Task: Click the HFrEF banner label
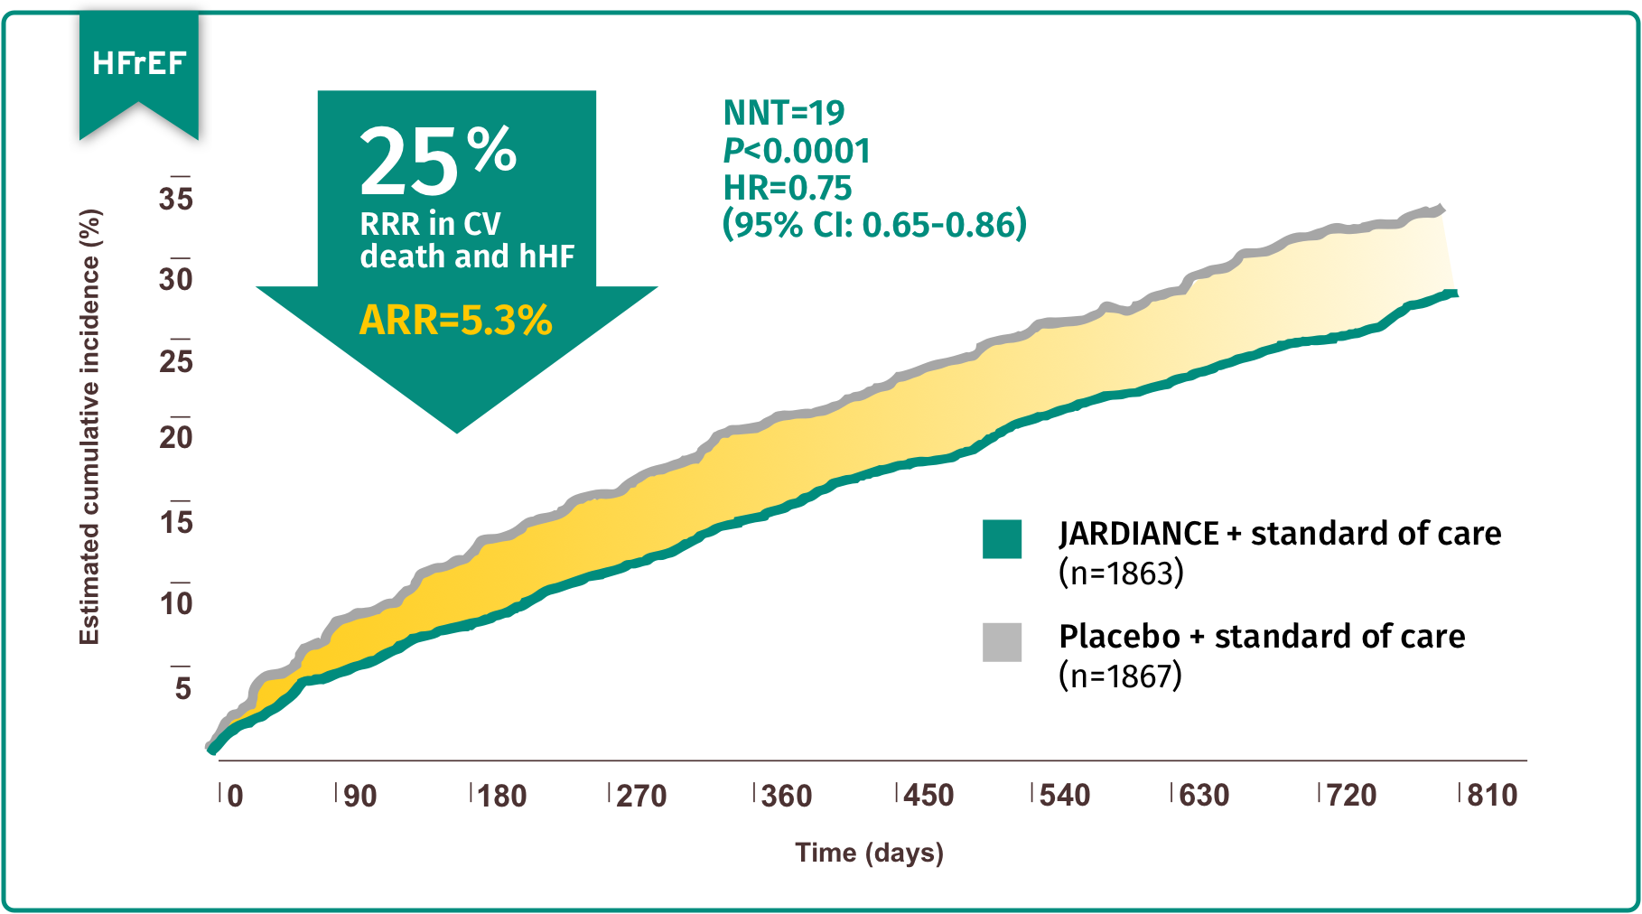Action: click(x=138, y=63)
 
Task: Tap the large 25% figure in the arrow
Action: click(x=437, y=161)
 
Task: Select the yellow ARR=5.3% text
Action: click(x=455, y=321)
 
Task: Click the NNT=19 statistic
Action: click(x=784, y=113)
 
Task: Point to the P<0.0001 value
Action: click(x=797, y=151)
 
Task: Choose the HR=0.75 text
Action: click(x=788, y=188)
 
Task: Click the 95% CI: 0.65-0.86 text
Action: click(x=874, y=224)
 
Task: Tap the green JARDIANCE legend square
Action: click(x=1002, y=539)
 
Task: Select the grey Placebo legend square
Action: click(x=1002, y=642)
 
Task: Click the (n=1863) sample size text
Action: click(x=1121, y=573)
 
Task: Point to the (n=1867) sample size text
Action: click(x=1120, y=676)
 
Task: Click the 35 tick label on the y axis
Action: click(x=176, y=200)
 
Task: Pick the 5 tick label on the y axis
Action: click(x=183, y=688)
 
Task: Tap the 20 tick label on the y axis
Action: click(x=176, y=438)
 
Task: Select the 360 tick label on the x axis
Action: click(x=786, y=796)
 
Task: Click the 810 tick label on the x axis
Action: click(x=1492, y=796)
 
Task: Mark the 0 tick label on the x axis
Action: click(x=235, y=796)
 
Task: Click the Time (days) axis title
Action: click(x=869, y=853)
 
